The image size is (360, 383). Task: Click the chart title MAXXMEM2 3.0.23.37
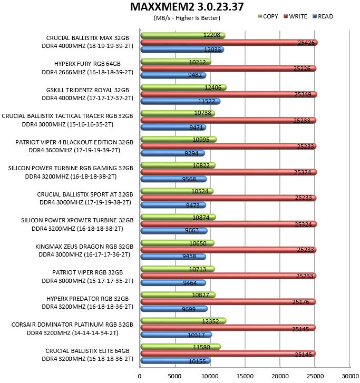tap(187, 7)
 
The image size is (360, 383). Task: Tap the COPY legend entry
tap(268, 16)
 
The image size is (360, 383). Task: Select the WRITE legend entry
tap(295, 16)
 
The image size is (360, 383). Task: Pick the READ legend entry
tap(323, 16)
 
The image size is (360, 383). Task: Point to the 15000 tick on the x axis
tap(245, 376)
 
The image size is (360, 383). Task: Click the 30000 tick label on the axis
tap(350, 376)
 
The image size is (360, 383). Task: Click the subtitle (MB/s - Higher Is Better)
tap(187, 18)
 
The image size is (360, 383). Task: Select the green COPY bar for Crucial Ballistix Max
tap(183, 36)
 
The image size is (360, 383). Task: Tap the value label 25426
tap(306, 43)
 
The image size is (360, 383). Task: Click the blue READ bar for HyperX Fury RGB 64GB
tap(173, 75)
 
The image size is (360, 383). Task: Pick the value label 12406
tap(213, 87)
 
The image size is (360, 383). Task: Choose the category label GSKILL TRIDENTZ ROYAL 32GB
tap(87, 90)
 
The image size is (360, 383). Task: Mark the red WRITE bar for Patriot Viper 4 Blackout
tap(229, 146)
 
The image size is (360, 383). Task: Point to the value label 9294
tap(191, 153)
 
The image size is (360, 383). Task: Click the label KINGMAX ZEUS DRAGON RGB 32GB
tap(84, 247)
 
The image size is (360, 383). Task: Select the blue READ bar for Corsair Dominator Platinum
tap(176, 335)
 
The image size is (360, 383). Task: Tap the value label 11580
tap(201, 347)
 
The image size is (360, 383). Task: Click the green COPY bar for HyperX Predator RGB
tap(178, 295)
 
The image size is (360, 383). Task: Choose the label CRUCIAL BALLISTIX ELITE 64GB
tap(87, 351)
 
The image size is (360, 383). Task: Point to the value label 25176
tap(300, 302)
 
